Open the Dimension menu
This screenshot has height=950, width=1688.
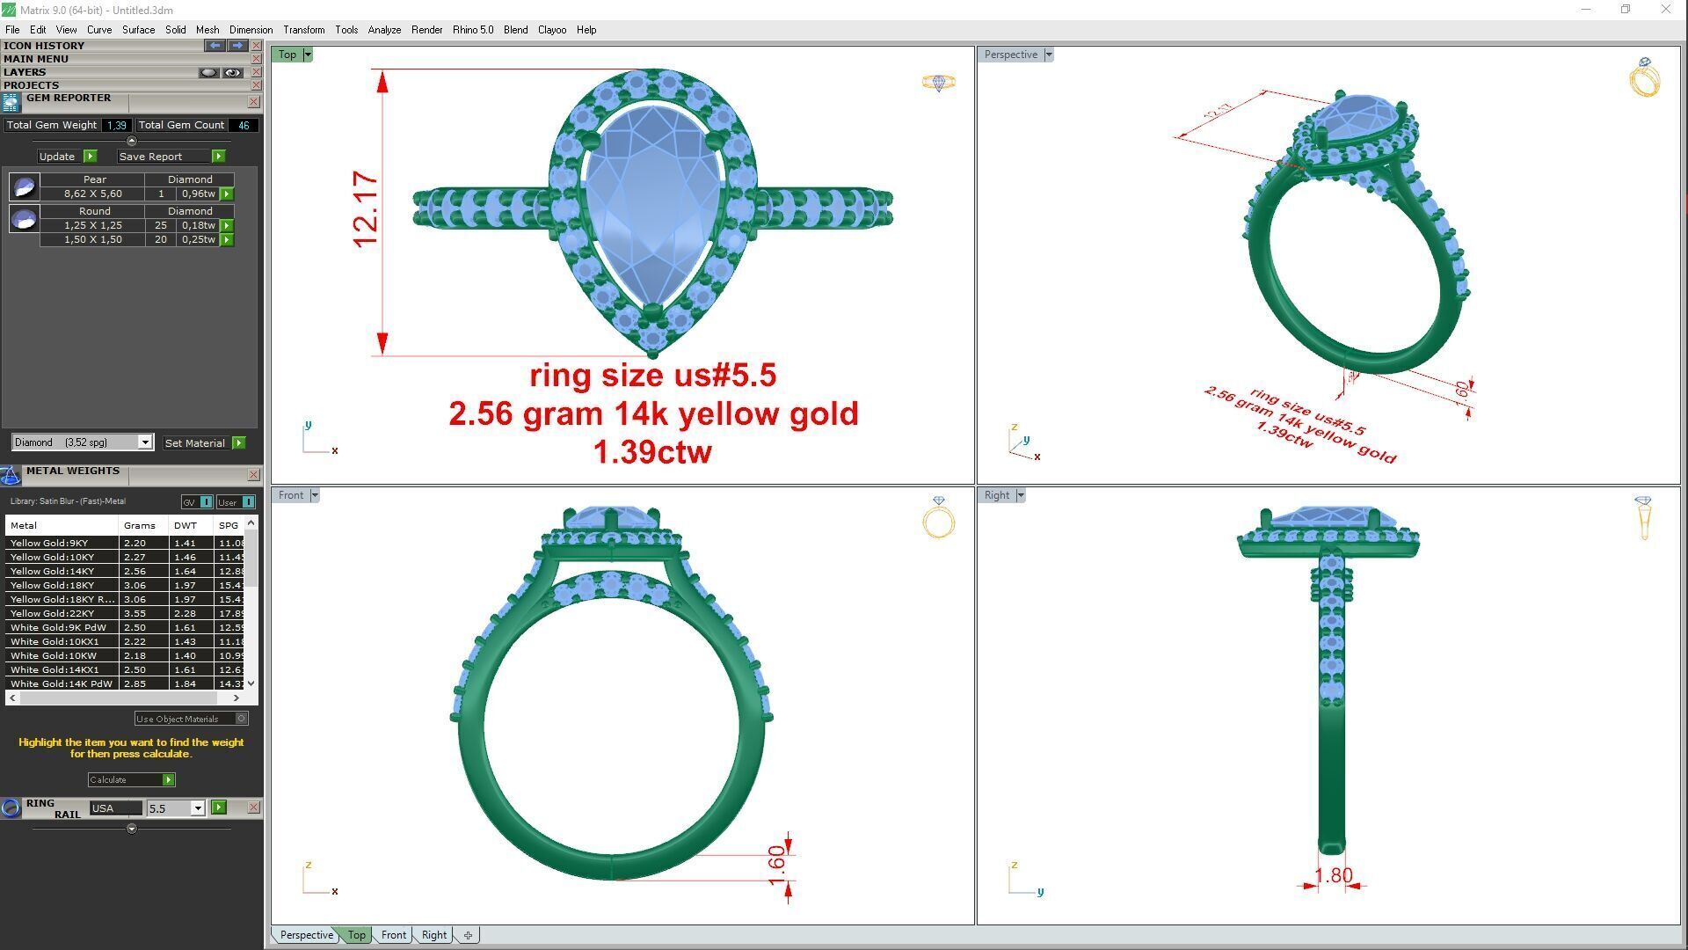tap(251, 30)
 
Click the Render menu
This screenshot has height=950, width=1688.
tap(426, 30)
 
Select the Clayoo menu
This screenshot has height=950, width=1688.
tap(551, 30)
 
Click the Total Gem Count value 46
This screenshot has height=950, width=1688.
tap(244, 126)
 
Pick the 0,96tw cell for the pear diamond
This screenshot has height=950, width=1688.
tap(198, 194)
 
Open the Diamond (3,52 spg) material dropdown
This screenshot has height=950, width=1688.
tap(145, 442)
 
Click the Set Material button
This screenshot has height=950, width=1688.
tap(195, 443)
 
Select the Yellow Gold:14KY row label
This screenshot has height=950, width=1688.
tap(53, 572)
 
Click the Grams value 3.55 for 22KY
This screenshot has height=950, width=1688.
tap(135, 614)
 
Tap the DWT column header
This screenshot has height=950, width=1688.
tap(185, 526)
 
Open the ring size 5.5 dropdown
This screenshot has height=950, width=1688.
tap(198, 808)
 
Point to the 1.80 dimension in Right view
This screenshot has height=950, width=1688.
tap(1333, 876)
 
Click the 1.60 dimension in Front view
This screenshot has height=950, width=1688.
tap(776, 865)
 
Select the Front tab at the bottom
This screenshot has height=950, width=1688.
tap(393, 935)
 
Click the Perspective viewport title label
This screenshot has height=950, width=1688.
tap(1010, 55)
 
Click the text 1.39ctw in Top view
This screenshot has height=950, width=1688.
tap(652, 452)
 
